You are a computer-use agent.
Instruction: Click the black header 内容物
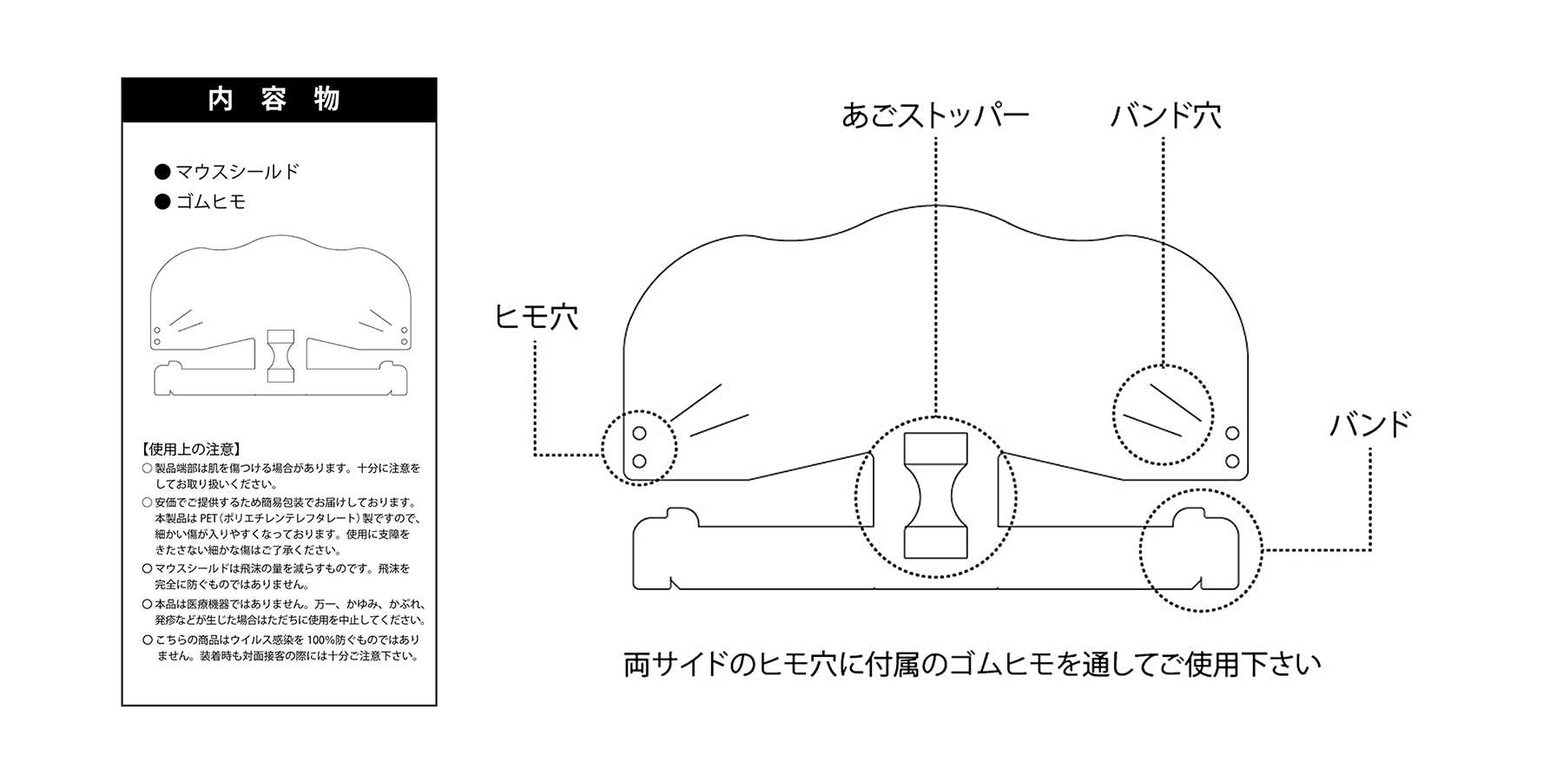click(279, 100)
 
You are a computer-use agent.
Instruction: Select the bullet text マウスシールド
click(237, 172)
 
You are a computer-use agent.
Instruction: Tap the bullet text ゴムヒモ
click(211, 202)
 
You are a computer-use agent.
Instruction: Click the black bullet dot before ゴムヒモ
click(162, 202)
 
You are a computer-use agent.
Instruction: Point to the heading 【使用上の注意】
click(190, 450)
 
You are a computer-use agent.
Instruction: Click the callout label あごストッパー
click(935, 116)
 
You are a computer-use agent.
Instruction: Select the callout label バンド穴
click(1166, 116)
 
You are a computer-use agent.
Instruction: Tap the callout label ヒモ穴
click(536, 317)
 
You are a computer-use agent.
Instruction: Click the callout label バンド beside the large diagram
click(1371, 425)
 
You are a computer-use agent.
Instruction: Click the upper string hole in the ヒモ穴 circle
click(639, 433)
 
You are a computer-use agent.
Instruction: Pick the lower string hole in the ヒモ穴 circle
click(639, 461)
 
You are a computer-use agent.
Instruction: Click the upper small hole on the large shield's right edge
click(1231, 433)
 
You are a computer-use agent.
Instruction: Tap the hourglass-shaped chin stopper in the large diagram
click(935, 495)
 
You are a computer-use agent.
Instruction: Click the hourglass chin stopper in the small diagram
click(280, 356)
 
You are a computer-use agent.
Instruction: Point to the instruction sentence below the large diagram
click(973, 665)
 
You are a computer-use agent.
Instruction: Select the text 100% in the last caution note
click(333, 640)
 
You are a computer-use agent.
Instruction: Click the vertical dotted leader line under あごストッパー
click(936, 277)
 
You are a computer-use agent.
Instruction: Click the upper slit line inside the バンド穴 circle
click(1177, 403)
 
